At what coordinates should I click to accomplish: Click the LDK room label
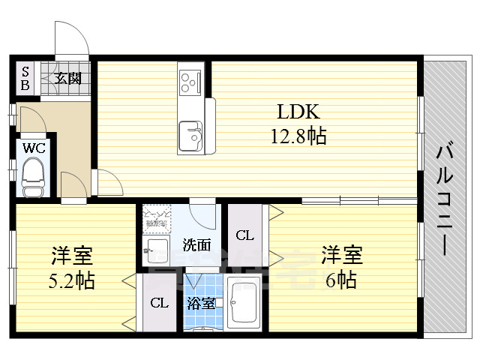click(299, 113)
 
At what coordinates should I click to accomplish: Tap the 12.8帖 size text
click(298, 136)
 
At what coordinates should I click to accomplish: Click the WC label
click(34, 148)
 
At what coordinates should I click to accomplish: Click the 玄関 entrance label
click(68, 77)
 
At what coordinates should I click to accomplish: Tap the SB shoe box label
click(25, 78)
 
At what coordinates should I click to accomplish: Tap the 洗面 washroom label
click(197, 244)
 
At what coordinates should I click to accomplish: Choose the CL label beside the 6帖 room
click(245, 235)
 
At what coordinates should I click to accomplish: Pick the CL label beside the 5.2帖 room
click(158, 304)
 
